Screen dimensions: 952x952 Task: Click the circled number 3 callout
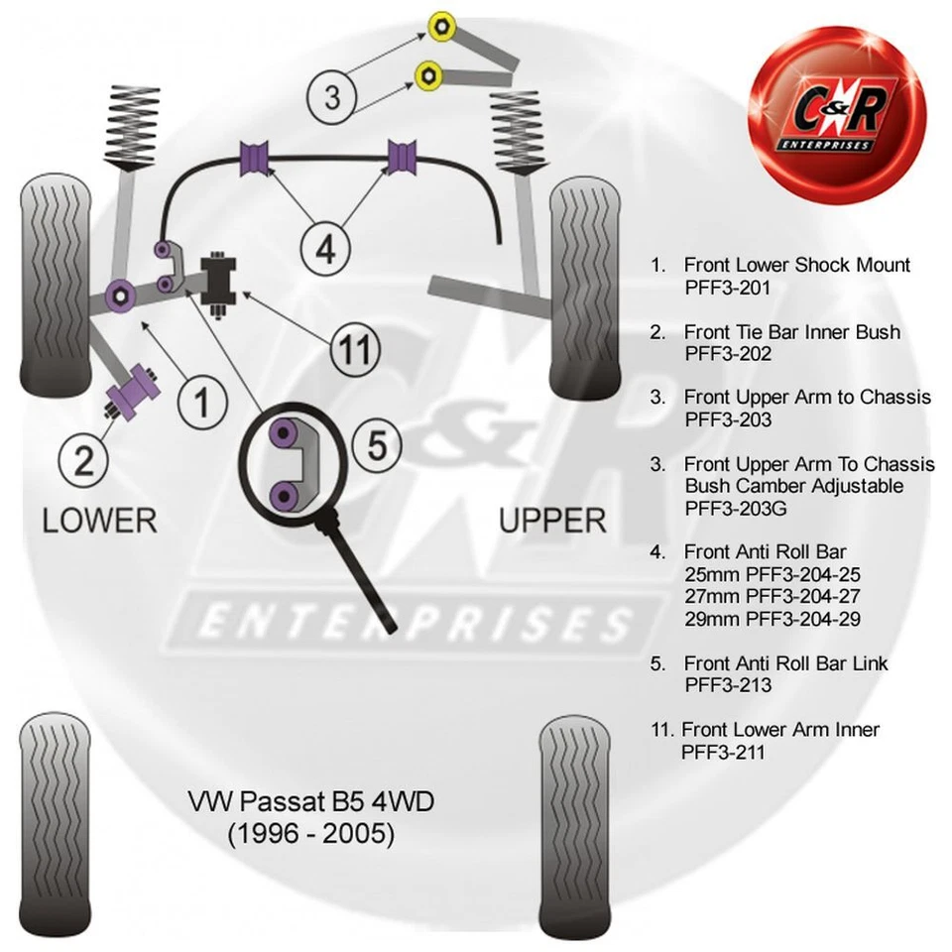point(332,96)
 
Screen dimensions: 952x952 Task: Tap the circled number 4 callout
point(326,250)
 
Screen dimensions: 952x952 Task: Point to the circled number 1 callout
point(202,403)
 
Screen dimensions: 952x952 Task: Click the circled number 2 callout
point(84,460)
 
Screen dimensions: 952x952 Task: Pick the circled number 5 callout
point(377,446)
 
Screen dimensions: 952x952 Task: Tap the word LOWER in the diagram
point(99,520)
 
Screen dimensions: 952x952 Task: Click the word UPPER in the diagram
point(552,520)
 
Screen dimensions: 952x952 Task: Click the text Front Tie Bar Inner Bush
point(791,331)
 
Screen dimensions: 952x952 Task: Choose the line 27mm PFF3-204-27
point(773,597)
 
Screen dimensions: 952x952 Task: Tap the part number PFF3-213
point(727,685)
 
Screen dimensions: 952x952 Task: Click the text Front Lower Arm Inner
point(779,730)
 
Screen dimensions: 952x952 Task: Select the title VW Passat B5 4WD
point(311,801)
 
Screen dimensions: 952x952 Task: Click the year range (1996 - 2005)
point(311,835)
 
